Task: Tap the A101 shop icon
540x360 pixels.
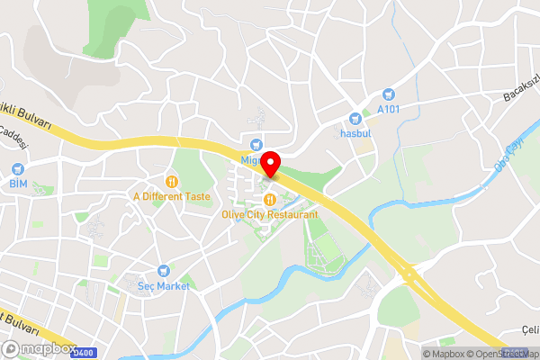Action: (x=389, y=93)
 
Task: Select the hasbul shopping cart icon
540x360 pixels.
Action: (x=355, y=118)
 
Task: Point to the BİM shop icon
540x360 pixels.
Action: (x=18, y=168)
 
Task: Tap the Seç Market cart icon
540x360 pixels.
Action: (x=163, y=270)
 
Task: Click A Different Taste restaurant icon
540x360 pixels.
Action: (x=170, y=180)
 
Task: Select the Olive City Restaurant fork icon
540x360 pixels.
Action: (x=268, y=199)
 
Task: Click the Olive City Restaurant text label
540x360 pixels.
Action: (x=269, y=215)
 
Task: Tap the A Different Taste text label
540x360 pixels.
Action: (x=170, y=195)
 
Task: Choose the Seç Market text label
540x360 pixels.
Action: (x=164, y=285)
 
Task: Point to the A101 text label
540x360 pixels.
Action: (x=389, y=109)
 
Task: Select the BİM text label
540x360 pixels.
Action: (x=18, y=184)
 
